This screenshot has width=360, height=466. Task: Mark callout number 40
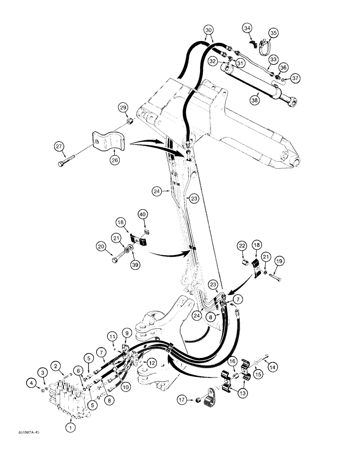143,214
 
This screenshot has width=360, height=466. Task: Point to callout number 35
273,33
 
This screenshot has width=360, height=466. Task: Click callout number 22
242,246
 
